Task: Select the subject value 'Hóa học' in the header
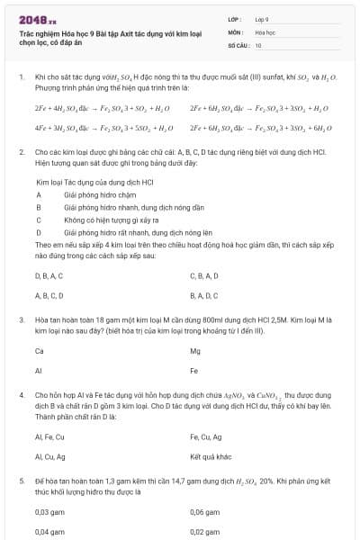click(x=264, y=31)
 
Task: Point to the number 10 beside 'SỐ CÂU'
click(x=258, y=44)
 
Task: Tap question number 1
click(x=22, y=78)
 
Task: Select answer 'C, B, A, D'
click(x=204, y=275)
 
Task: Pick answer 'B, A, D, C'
click(x=204, y=294)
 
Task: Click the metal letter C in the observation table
click(x=39, y=219)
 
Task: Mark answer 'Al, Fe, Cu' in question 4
click(x=49, y=436)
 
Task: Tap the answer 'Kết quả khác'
click(x=206, y=456)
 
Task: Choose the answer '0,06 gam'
click(x=203, y=512)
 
